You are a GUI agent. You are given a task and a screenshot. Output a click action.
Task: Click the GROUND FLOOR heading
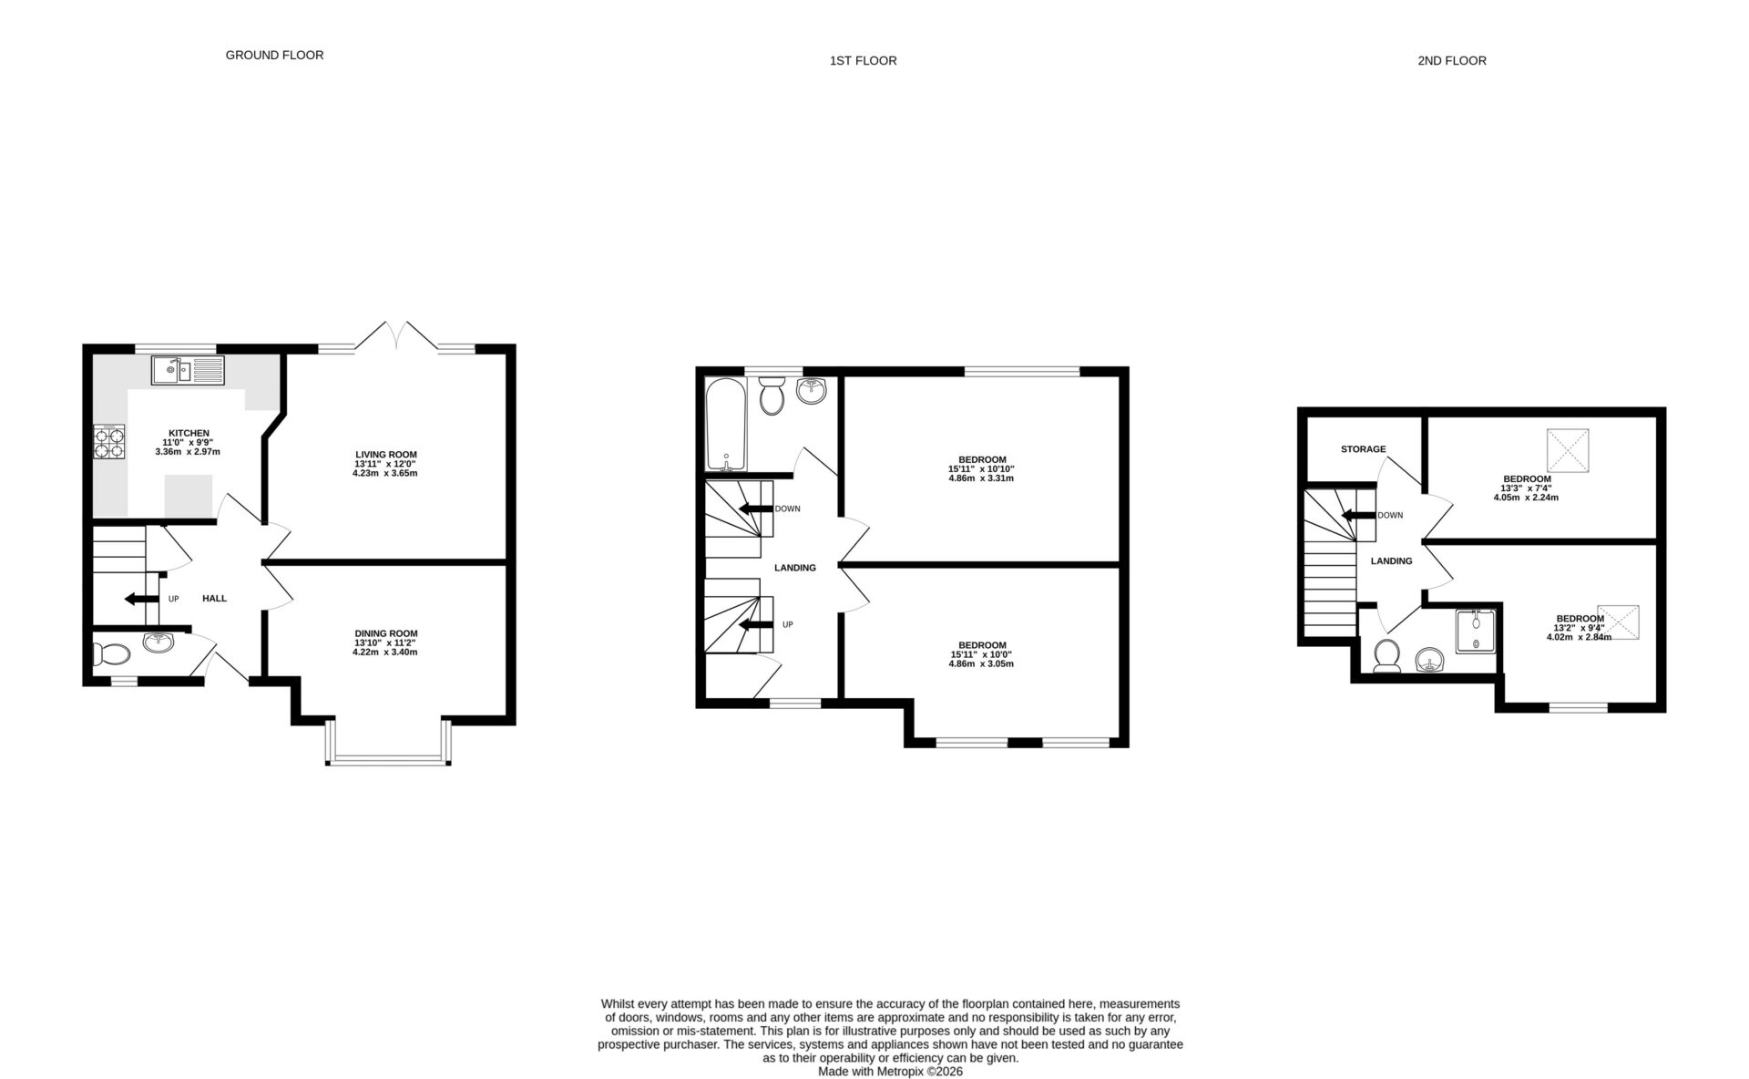tap(274, 55)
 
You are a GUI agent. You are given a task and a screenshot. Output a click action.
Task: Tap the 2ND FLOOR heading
tap(1451, 61)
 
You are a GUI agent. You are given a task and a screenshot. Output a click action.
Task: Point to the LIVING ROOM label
tap(385, 454)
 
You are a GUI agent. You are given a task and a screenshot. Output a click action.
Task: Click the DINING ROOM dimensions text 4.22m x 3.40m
tap(384, 653)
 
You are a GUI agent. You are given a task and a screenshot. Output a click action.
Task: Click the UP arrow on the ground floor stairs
tap(141, 599)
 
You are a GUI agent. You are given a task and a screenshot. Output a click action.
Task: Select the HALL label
tap(214, 599)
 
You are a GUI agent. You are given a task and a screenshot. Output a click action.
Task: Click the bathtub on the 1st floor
tap(726, 424)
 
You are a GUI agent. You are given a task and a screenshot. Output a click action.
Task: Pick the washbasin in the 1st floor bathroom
tap(811, 391)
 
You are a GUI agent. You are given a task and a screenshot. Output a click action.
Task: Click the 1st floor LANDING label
tap(794, 568)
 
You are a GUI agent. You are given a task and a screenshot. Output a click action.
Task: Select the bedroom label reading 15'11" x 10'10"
tap(981, 468)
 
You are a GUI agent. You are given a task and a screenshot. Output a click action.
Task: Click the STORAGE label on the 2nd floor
tap(1363, 449)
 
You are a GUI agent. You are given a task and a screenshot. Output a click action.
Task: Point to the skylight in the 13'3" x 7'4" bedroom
tap(1569, 450)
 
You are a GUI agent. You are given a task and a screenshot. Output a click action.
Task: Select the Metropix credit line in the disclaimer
tap(890, 1072)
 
